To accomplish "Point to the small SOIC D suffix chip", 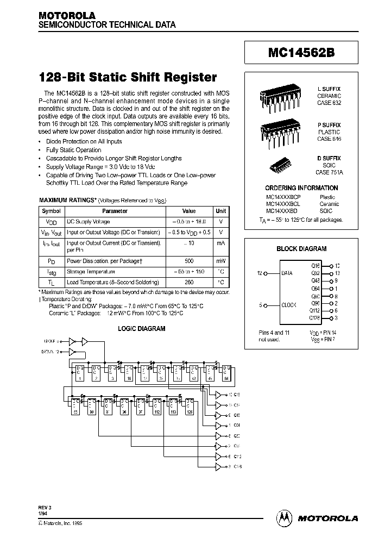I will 278,165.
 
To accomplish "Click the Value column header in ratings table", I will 188,211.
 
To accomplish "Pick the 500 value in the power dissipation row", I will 188,261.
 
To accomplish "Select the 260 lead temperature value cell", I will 188,282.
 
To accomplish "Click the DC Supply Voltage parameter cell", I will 88,222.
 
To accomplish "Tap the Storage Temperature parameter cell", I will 91,271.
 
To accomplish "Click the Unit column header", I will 221,211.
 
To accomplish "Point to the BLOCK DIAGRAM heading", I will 301,249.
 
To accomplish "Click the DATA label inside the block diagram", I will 287,273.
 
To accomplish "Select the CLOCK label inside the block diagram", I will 288,305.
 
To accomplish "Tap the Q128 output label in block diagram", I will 314,318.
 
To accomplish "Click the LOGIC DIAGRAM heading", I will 141,329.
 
